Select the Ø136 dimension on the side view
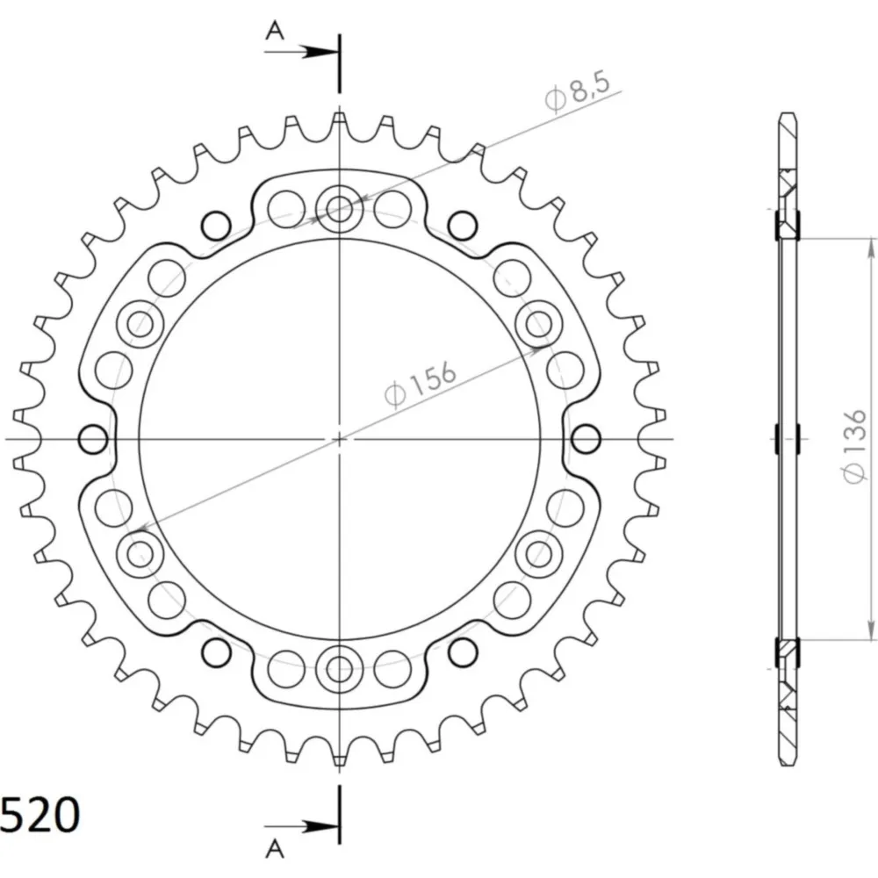pos(854,446)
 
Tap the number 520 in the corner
pos(40,814)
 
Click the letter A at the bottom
pos(274,849)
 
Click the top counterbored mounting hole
pos(339,208)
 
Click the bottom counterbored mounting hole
pos(339,667)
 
